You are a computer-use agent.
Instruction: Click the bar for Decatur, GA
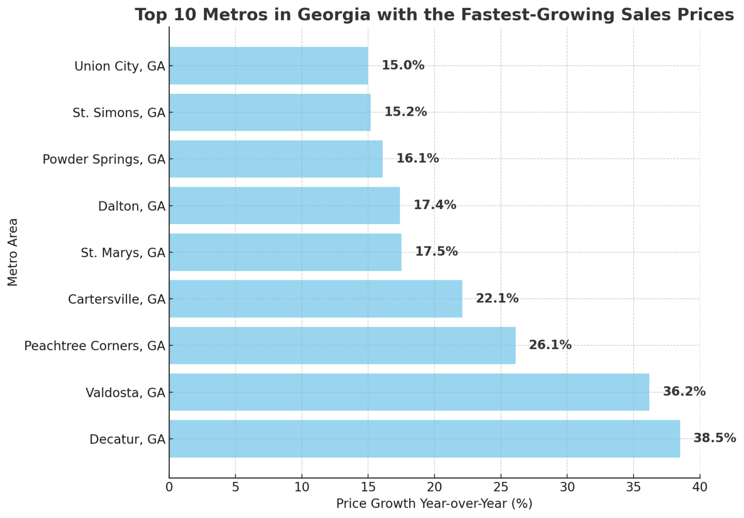click(x=424, y=439)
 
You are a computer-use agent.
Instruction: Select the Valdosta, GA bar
click(x=409, y=392)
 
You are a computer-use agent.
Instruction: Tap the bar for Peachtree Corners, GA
click(x=342, y=346)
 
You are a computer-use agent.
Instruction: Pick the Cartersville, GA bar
click(x=315, y=299)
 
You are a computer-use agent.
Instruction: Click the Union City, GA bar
click(x=268, y=66)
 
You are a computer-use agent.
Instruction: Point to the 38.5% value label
click(x=714, y=438)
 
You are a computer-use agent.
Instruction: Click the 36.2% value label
click(x=684, y=392)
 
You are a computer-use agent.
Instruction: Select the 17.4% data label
click(x=434, y=205)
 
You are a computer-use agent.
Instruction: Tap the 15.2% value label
click(x=405, y=112)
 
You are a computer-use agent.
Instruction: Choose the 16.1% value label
click(x=418, y=159)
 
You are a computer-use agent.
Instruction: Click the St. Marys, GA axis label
click(x=123, y=253)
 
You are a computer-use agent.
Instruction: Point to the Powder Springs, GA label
click(x=104, y=159)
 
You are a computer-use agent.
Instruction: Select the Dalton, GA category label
click(x=132, y=206)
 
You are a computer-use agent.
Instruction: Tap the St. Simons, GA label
click(x=119, y=113)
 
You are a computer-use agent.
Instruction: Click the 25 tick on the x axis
click(x=501, y=487)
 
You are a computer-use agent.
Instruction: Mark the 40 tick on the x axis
click(x=700, y=487)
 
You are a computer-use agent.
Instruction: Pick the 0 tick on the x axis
click(x=169, y=487)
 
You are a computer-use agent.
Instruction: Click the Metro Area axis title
click(x=13, y=252)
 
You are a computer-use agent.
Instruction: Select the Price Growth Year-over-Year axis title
click(x=434, y=504)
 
